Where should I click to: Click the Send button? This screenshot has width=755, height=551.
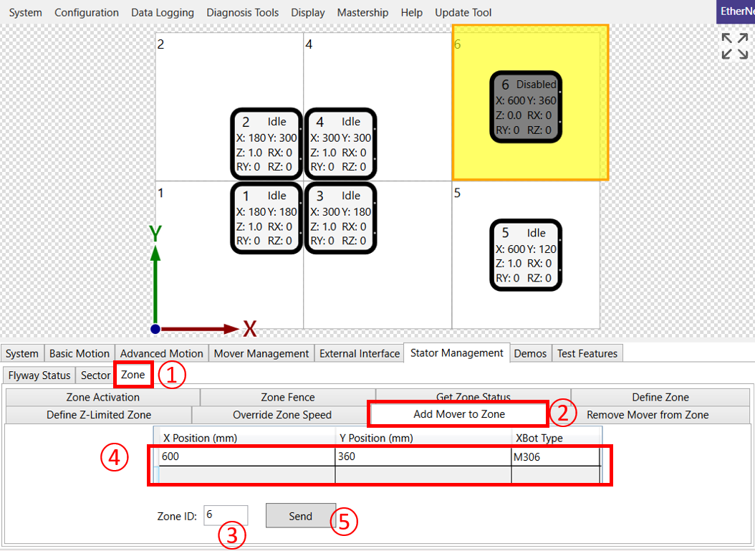[x=300, y=516]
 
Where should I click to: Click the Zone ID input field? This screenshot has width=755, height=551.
[x=226, y=515]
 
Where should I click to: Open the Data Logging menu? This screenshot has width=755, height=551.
[x=163, y=12]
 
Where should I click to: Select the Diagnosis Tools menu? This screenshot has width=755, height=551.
[x=242, y=12]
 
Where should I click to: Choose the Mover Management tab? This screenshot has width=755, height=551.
[x=261, y=353]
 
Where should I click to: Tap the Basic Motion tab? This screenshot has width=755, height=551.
[x=80, y=353]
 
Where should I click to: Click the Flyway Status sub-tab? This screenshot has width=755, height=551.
[x=39, y=375]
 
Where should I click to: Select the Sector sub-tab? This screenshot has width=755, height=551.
[x=95, y=375]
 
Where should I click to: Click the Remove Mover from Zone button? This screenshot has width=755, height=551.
[x=648, y=415]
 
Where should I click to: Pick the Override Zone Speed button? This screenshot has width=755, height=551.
[x=282, y=415]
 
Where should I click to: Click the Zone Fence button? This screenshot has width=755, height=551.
[x=288, y=398]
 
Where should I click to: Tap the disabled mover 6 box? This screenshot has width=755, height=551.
[x=526, y=107]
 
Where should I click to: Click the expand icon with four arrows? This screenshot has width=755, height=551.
[x=734, y=46]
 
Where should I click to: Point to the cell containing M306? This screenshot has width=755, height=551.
[x=556, y=457]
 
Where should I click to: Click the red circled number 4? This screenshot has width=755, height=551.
[x=114, y=457]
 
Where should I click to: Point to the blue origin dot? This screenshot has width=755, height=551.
[x=155, y=329]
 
